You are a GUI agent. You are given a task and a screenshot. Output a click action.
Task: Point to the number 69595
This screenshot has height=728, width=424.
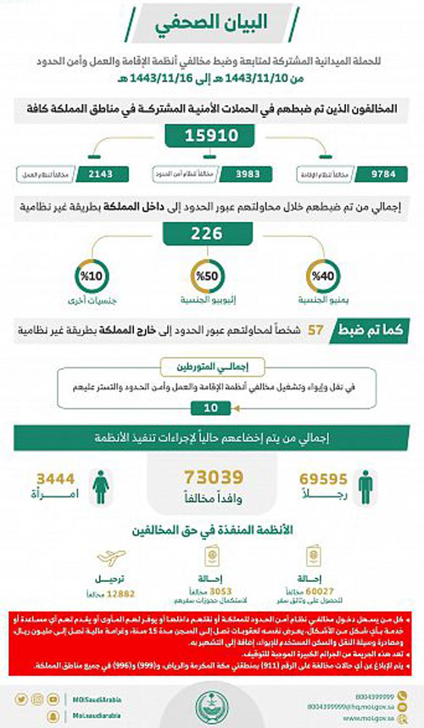click(x=321, y=480)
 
